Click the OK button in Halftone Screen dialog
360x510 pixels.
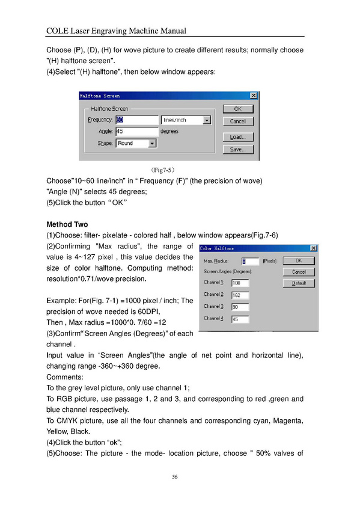coord(238,109)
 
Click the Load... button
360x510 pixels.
coord(238,137)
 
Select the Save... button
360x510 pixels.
coord(238,149)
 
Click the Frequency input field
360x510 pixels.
coord(137,120)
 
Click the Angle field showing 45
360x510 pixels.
coord(137,131)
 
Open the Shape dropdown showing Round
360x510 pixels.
coord(136,143)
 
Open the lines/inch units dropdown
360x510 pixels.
coord(186,120)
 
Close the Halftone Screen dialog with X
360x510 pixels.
coord(254,95)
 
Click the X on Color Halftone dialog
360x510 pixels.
coord(313,248)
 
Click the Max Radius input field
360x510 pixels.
coord(250,261)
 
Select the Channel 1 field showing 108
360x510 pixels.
coord(240,283)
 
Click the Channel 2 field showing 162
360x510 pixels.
coord(240,295)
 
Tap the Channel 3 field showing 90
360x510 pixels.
coord(240,307)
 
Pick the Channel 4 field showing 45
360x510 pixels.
coord(240,319)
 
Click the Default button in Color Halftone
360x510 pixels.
coord(299,283)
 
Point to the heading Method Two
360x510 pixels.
coord(67,224)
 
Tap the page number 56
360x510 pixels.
coord(175,477)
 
